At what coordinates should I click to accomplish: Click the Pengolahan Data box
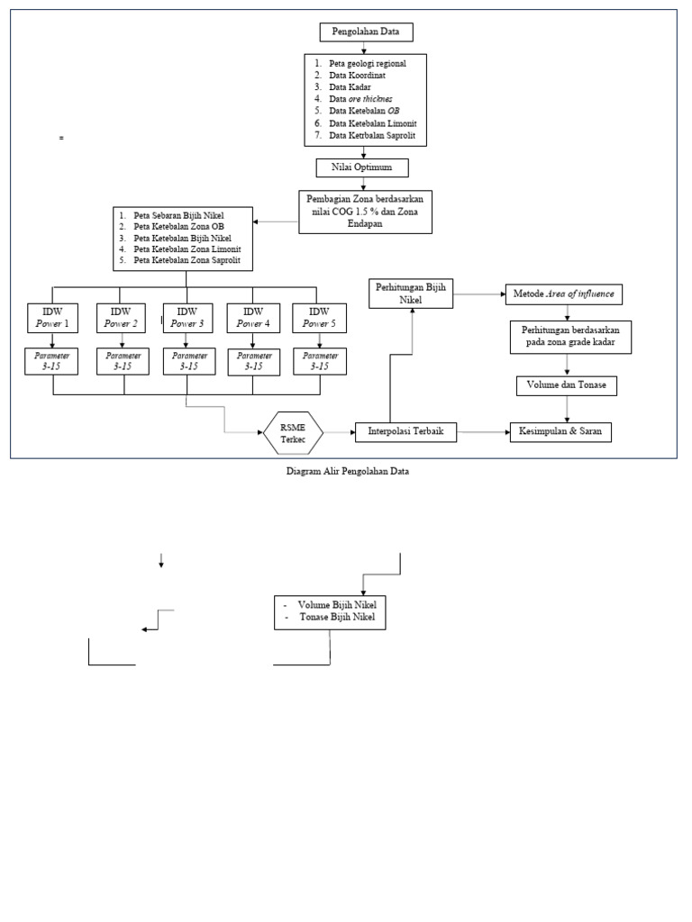367,32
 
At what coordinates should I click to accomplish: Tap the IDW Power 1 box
52,318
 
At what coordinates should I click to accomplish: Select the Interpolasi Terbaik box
405,432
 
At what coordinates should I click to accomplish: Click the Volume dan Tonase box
566,385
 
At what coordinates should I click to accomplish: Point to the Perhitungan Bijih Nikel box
412,293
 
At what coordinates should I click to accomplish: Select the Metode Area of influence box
567,294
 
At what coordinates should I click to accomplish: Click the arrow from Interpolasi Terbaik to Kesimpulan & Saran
483,432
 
